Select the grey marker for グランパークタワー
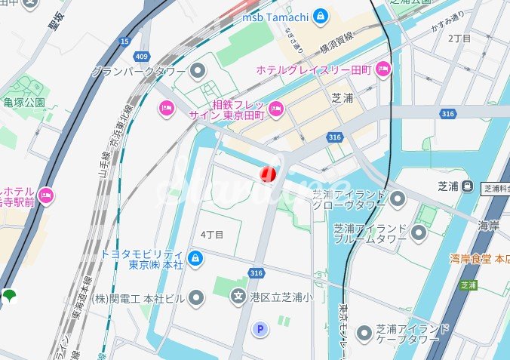coord(198,72)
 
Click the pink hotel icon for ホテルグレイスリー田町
coord(383,69)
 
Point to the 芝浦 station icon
coord(468,185)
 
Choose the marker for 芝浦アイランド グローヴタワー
coord(397,199)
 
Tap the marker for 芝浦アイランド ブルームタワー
coord(419,232)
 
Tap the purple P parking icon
coord(261,329)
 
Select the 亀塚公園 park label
coord(24,102)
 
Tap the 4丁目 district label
coord(212,235)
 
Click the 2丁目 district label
coord(459,38)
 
